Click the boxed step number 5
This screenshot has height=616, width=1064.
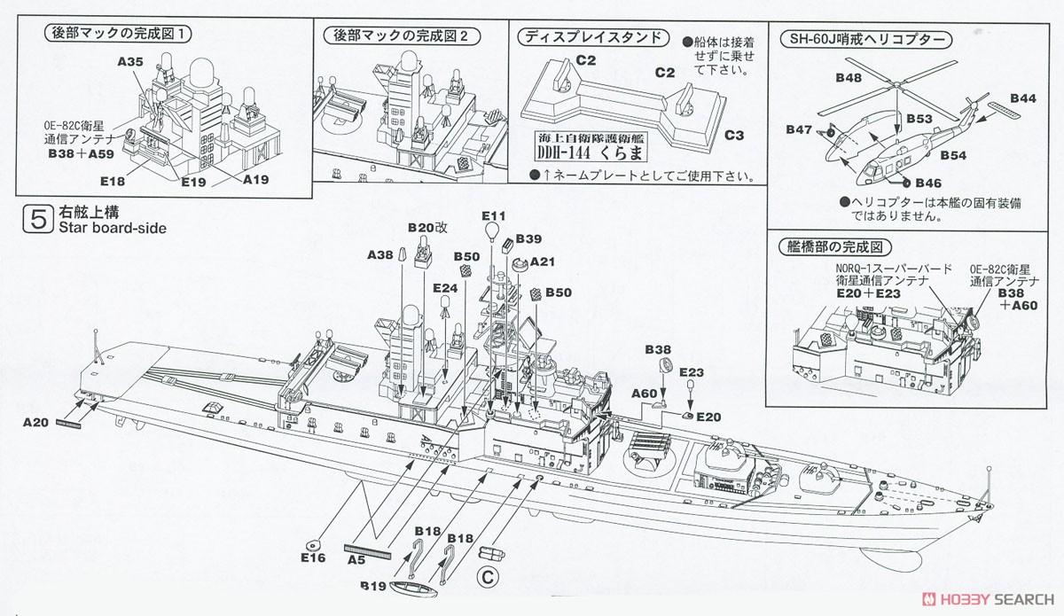coord(37,220)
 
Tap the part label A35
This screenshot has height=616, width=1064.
coord(130,62)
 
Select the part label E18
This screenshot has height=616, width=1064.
coord(113,181)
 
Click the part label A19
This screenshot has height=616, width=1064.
coord(255,180)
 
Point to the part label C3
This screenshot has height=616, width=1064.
coord(734,136)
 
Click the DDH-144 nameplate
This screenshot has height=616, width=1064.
coord(591,147)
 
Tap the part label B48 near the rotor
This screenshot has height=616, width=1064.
coord(849,77)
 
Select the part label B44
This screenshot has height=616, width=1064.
coord(1022,98)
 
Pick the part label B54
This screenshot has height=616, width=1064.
coord(953,155)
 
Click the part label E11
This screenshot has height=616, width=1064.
coord(494,216)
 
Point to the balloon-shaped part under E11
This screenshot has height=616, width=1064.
coord(491,233)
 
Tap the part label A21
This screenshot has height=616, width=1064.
coord(543,261)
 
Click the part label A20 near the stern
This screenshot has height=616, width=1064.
coord(35,422)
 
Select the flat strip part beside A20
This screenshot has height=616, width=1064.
coord(68,424)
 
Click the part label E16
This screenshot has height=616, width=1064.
coord(314,558)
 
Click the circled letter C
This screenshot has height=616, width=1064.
coord(488,578)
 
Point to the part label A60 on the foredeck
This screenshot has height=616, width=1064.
coord(644,394)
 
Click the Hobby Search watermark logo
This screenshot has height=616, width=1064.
coord(988,599)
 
